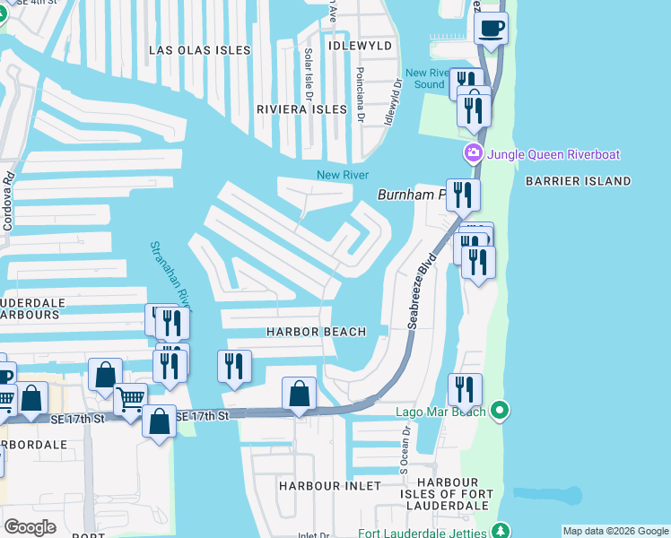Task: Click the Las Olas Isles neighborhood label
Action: (x=200, y=50)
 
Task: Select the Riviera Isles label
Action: (x=301, y=109)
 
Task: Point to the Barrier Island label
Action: (x=579, y=181)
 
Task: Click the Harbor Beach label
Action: (x=317, y=332)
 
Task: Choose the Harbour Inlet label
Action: (x=324, y=485)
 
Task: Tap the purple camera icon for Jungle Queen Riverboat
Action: (x=472, y=154)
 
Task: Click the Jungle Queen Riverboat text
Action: (x=553, y=154)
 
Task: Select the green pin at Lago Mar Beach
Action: (x=501, y=412)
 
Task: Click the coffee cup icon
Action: (x=491, y=29)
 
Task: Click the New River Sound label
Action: (x=425, y=79)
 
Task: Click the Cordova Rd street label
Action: (x=8, y=199)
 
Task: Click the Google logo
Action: (x=30, y=526)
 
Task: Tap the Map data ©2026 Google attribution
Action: (x=615, y=531)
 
